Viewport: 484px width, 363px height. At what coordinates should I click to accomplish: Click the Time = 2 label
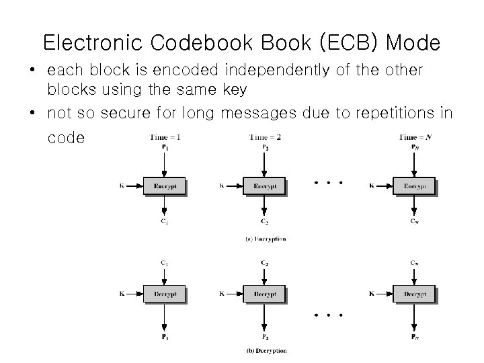click(x=265, y=137)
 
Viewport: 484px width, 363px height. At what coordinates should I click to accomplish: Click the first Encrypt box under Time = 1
click(x=164, y=186)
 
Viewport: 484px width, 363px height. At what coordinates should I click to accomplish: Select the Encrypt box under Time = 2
click(x=265, y=186)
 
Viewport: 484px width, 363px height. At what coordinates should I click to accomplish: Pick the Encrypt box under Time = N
click(x=413, y=186)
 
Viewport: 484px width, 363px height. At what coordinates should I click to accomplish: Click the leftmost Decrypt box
click(x=164, y=294)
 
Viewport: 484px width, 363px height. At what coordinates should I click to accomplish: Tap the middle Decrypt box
click(x=265, y=294)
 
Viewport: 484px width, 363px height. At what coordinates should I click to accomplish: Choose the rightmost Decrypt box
click(x=413, y=294)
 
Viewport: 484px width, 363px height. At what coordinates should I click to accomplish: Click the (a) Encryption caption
click(x=265, y=239)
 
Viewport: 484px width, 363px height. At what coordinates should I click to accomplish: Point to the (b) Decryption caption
click(x=265, y=350)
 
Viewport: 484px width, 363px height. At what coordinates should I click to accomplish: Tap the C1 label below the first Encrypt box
click(x=164, y=221)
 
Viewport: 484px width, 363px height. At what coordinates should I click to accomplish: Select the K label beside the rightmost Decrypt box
click(x=371, y=294)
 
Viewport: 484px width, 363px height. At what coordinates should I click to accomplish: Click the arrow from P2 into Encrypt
click(x=265, y=163)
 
